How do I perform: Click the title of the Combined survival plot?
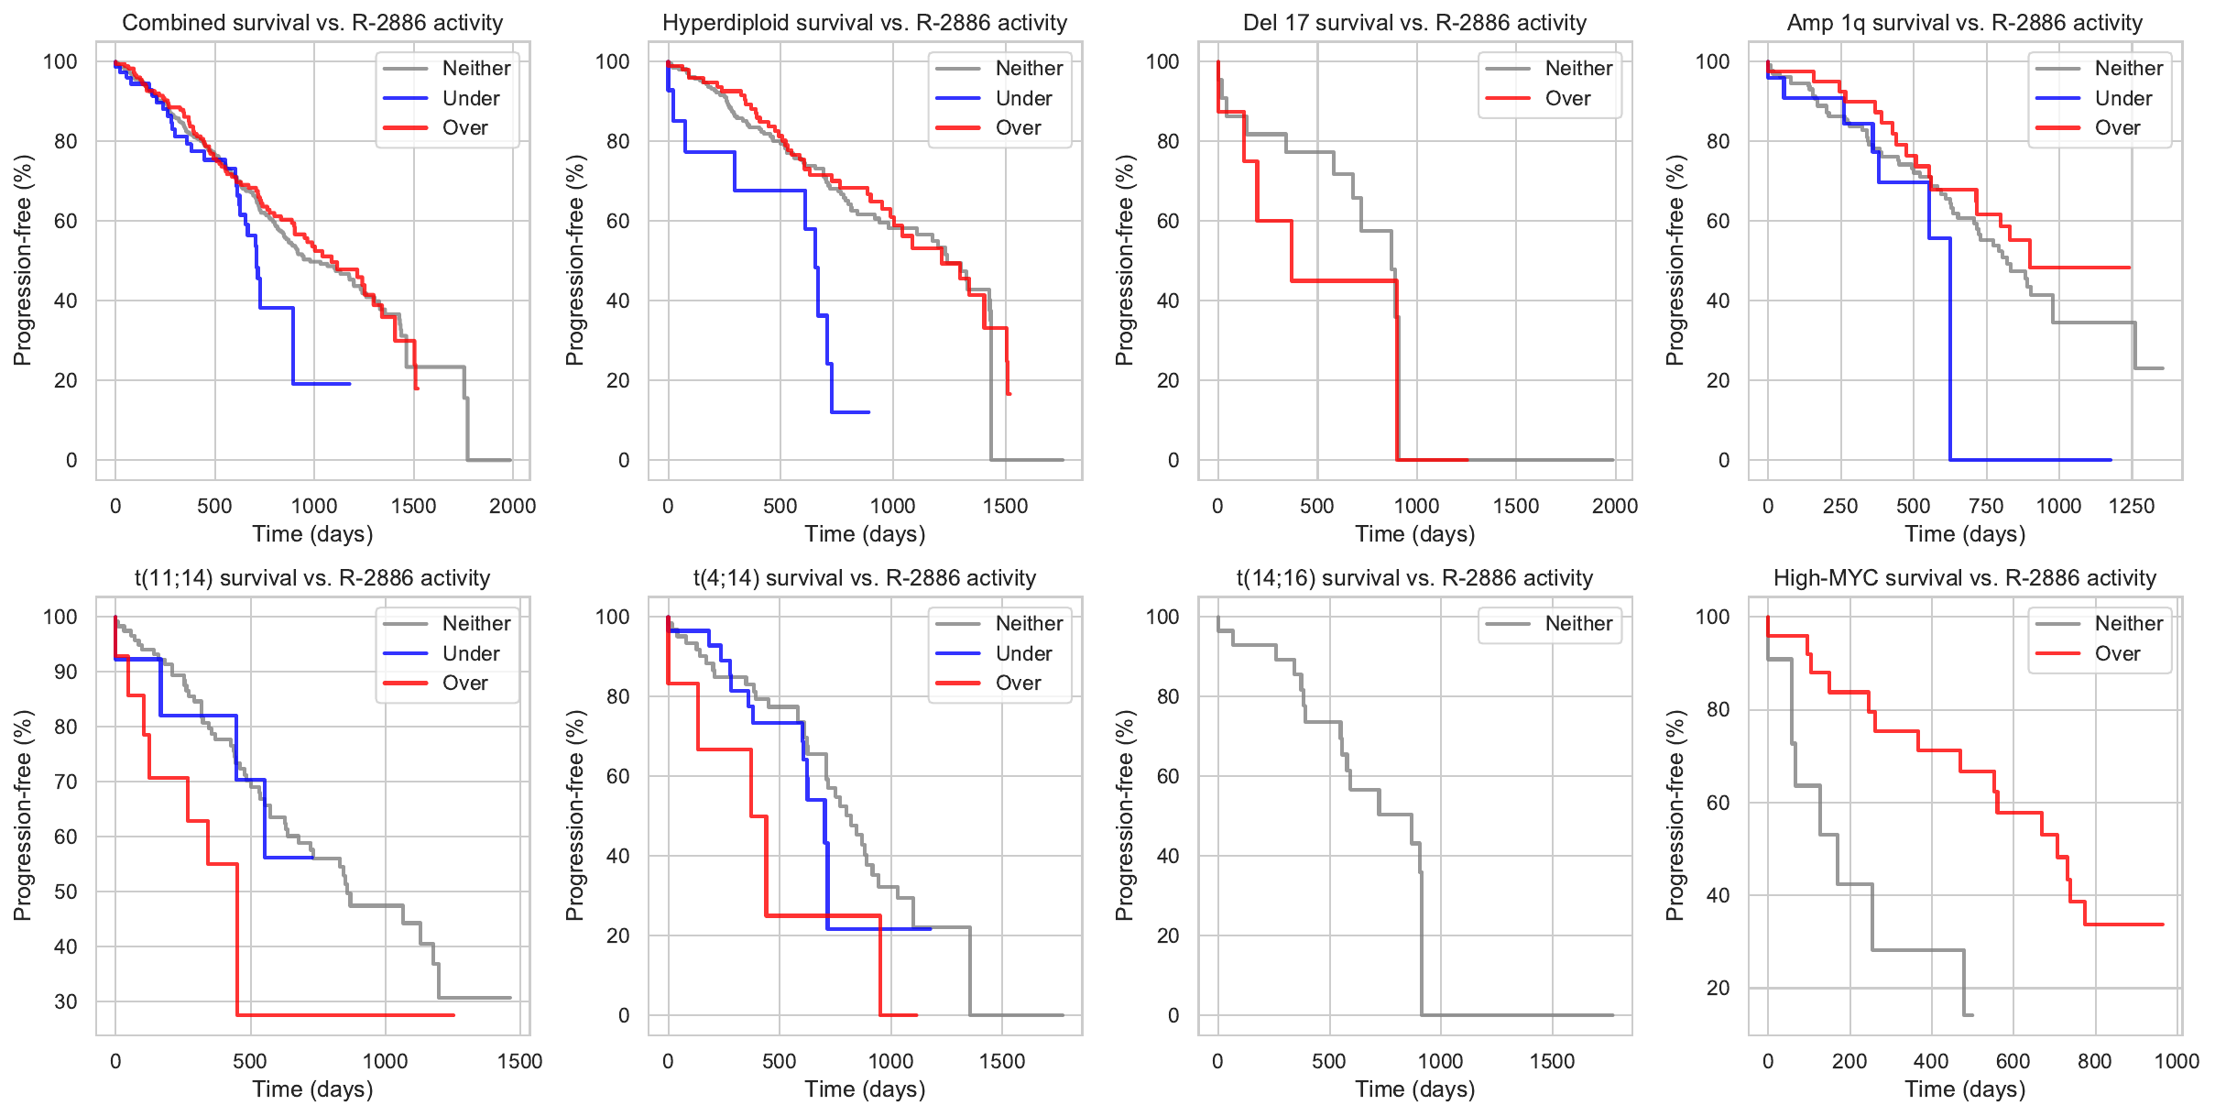pos(312,23)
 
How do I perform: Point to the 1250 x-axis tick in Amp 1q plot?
pos(2131,506)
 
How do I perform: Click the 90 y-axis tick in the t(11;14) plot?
pos(65,672)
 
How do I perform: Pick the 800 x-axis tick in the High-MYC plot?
pos(2094,1061)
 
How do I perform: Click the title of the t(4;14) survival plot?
pos(864,578)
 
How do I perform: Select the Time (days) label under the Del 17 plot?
pos(1414,534)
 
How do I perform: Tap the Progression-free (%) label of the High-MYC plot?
pos(1675,815)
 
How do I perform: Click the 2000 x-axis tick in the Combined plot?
pos(512,506)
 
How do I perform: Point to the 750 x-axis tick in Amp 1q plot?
pos(1986,506)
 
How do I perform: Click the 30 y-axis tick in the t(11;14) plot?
pos(65,1001)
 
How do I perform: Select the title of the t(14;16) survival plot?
pos(1414,578)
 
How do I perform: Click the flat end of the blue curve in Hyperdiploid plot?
pos(851,412)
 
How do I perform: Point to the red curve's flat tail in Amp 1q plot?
pos(2079,268)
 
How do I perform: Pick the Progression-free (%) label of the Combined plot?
pos(23,260)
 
